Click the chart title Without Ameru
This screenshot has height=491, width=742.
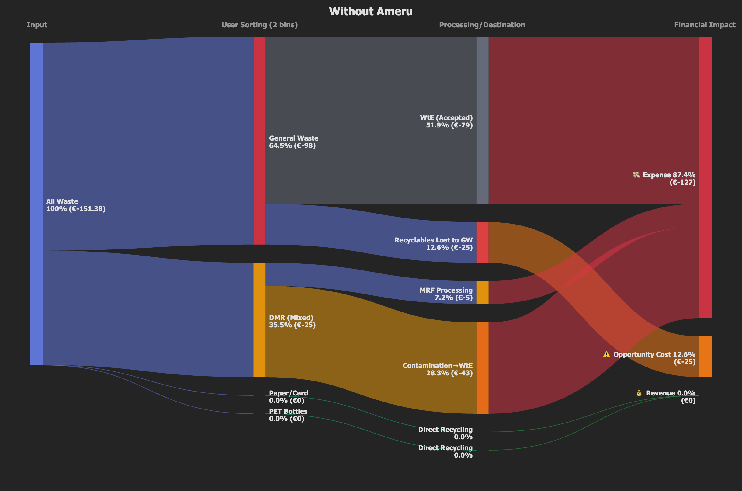click(x=371, y=12)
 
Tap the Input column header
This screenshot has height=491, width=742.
click(x=37, y=25)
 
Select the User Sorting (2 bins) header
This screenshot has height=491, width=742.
click(x=259, y=25)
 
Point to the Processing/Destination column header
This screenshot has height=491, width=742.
click(x=482, y=25)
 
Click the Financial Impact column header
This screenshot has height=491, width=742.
click(x=705, y=25)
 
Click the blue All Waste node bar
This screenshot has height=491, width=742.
click(x=36, y=204)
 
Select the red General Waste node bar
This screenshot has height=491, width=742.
click(x=259, y=140)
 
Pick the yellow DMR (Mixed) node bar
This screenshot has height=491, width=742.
click(x=259, y=320)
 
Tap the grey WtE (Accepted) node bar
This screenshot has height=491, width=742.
click(x=482, y=120)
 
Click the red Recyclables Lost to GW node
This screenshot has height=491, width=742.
click(x=482, y=242)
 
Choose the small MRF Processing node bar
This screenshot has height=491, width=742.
click(x=482, y=292)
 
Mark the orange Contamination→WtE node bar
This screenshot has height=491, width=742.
click(x=482, y=368)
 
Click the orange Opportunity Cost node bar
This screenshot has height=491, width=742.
click(x=706, y=357)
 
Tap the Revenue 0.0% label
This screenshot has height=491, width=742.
click(x=670, y=393)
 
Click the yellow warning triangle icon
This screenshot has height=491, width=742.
click(x=606, y=354)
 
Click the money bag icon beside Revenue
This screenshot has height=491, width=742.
click(x=639, y=393)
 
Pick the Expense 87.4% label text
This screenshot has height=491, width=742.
click(x=669, y=175)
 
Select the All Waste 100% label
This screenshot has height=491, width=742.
click(x=75, y=205)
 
